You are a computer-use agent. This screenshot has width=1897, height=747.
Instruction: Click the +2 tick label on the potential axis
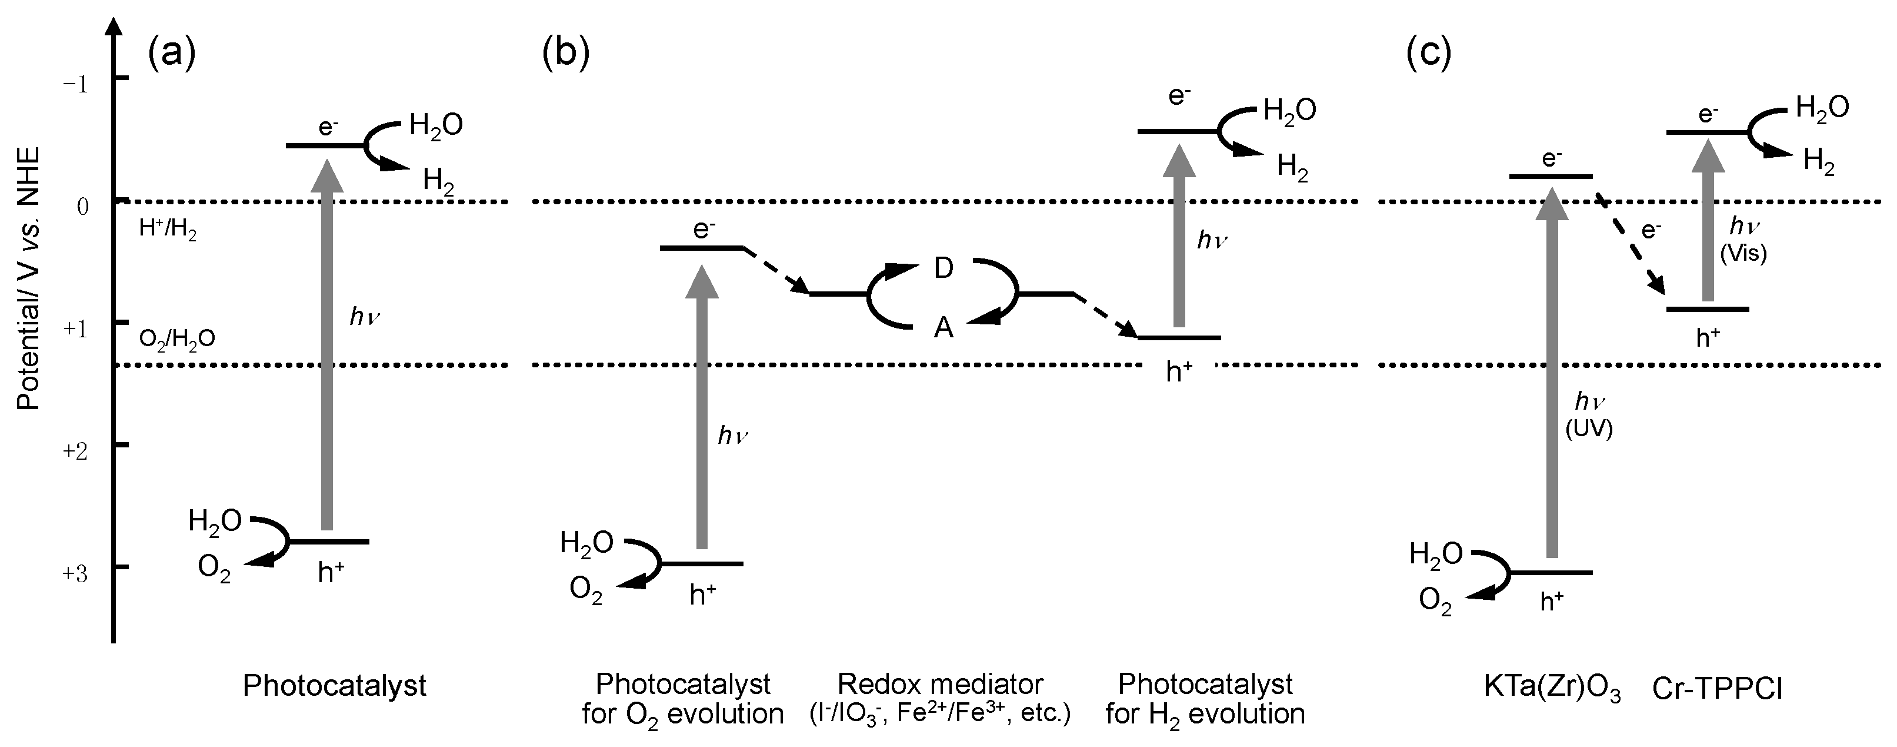[x=76, y=450]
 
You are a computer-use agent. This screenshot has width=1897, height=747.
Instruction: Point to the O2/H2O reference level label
[x=176, y=339]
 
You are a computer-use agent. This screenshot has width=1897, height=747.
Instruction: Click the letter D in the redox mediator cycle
[x=944, y=269]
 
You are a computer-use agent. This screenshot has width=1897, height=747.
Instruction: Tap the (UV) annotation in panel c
[x=1588, y=430]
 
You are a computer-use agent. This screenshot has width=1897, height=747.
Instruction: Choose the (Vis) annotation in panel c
[x=1743, y=254]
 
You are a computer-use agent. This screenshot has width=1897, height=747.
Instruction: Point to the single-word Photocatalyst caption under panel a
[x=334, y=686]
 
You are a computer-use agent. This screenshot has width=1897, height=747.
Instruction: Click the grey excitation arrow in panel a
[x=328, y=346]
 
